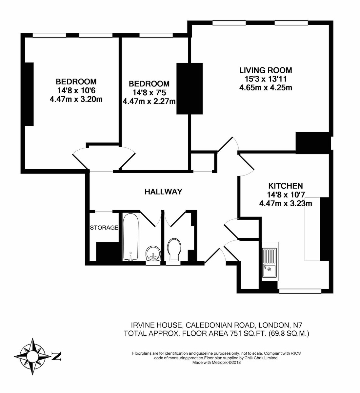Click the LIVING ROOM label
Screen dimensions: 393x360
coord(265,70)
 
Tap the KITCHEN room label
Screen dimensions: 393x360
coord(285,186)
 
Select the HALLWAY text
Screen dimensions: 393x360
coord(163,192)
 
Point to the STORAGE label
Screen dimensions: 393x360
coord(104,228)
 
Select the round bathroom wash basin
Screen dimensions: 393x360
coord(153,253)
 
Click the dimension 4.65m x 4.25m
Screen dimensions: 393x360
coord(265,88)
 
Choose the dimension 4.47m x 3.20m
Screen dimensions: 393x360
coord(76,99)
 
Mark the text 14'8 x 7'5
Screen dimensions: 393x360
coord(149,93)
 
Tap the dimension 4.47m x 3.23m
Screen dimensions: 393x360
coord(285,204)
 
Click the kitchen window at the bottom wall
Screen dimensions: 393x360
coord(299,291)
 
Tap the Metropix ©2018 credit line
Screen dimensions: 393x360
coord(216,363)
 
